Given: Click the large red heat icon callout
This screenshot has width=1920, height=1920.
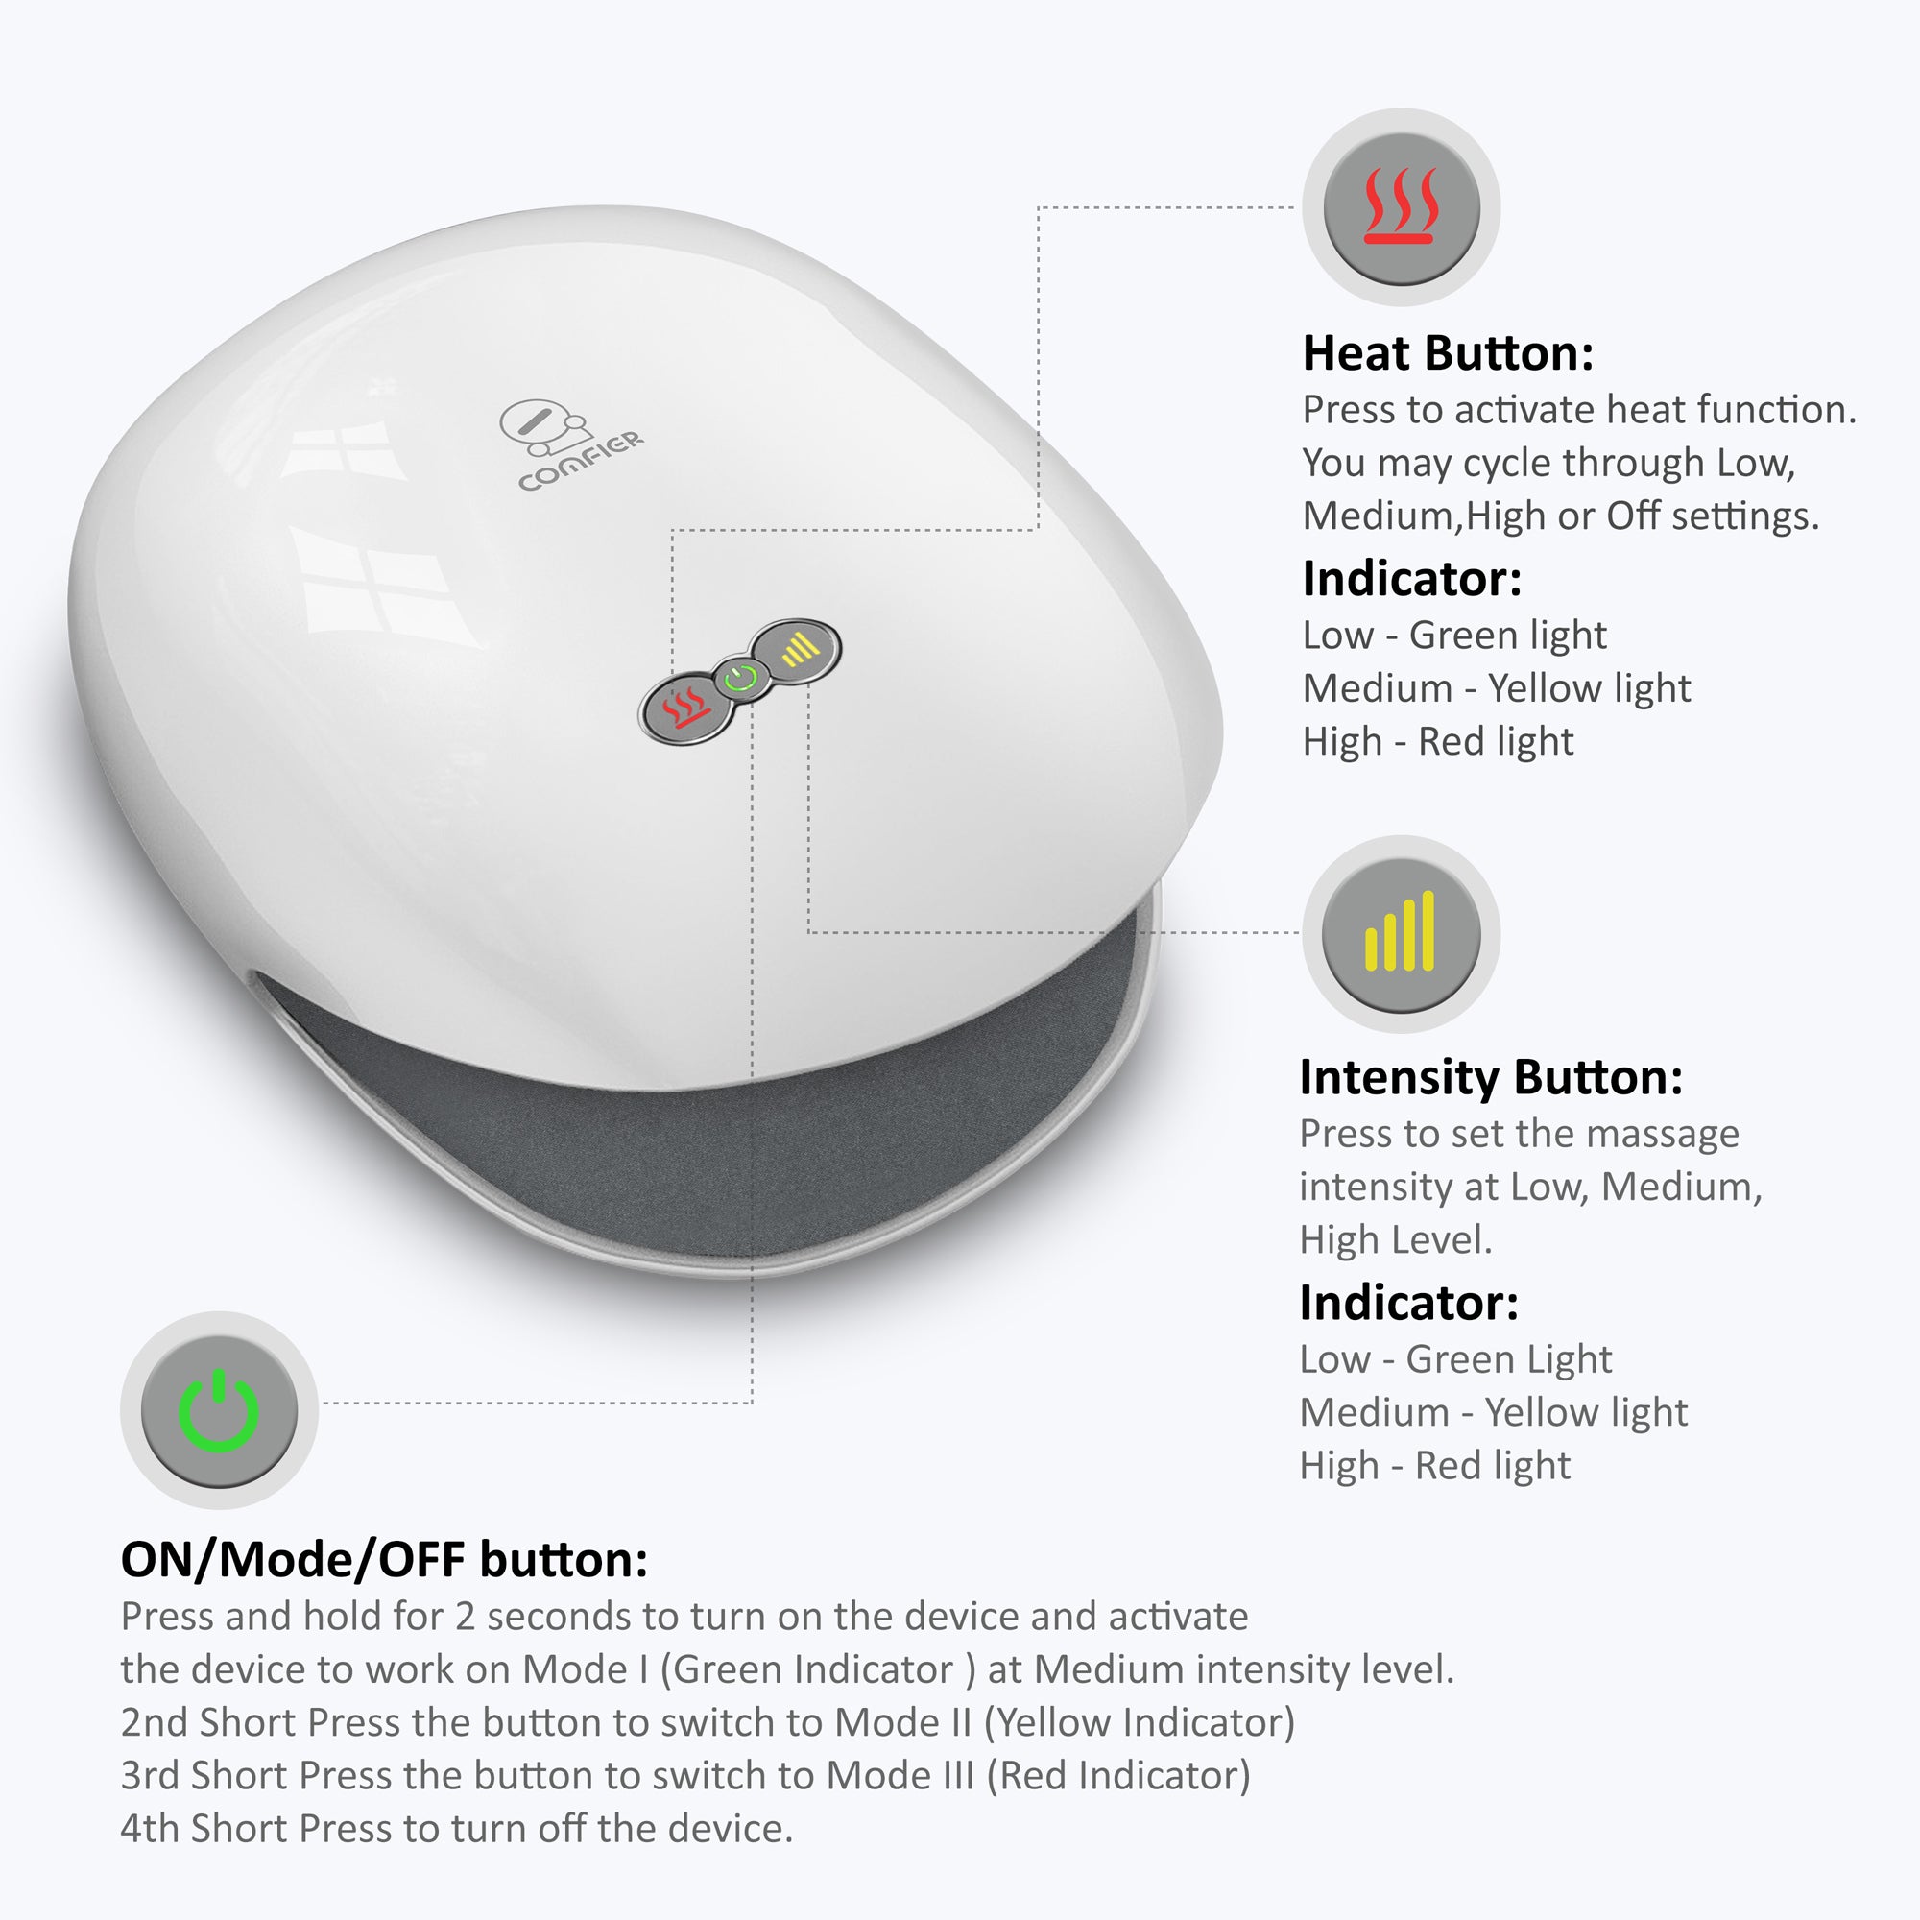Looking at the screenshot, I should click(1402, 206).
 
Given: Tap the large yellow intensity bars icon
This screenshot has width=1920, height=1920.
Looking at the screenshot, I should click(1402, 933).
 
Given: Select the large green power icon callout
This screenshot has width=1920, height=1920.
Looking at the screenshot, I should click(219, 1410).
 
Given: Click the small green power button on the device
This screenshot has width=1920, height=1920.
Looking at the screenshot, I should click(739, 680).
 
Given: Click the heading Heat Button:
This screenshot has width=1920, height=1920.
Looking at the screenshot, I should click(1447, 354).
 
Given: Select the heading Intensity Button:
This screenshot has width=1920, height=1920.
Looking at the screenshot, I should click(1491, 1077).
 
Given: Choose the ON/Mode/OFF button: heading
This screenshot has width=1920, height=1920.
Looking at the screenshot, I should click(384, 1559).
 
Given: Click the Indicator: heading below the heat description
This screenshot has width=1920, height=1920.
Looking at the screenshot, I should click(1411, 580).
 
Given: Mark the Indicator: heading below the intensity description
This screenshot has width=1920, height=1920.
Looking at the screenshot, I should click(1408, 1303).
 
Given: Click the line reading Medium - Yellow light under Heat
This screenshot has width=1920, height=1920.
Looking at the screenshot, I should click(1496, 687).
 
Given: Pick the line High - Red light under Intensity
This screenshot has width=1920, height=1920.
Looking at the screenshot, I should click(1434, 1465).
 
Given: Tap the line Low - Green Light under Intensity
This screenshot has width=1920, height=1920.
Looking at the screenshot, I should click(1455, 1358).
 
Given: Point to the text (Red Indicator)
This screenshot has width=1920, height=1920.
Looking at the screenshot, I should click(1118, 1775).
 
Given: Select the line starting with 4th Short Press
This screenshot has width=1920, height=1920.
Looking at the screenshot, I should click(456, 1829).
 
